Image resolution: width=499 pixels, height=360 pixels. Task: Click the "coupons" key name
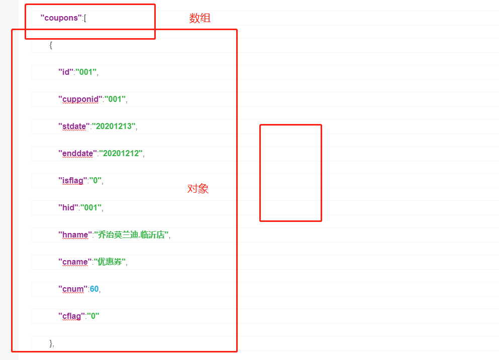pos(61,18)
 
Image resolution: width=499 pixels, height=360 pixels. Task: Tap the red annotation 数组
pos(199,19)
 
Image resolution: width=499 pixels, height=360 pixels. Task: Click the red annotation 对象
pos(198,189)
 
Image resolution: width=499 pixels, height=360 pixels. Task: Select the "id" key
pos(65,72)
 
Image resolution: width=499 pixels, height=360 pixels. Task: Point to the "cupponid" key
pos(80,99)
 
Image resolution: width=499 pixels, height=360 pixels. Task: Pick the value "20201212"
pos(121,154)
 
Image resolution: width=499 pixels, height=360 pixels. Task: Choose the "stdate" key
pos(74,127)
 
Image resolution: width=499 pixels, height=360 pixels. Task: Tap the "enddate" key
pos(77,154)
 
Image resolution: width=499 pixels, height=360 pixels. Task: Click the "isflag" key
pos(72,181)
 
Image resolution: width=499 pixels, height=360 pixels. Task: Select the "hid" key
pos(68,208)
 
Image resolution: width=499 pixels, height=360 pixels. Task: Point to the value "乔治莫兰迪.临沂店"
pos(132,235)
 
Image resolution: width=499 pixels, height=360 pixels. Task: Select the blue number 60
pos(94,289)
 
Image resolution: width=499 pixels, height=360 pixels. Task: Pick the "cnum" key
pos(72,289)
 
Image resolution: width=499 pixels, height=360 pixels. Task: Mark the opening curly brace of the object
pos(51,45)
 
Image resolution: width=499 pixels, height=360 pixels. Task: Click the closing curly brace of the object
pos(51,343)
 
